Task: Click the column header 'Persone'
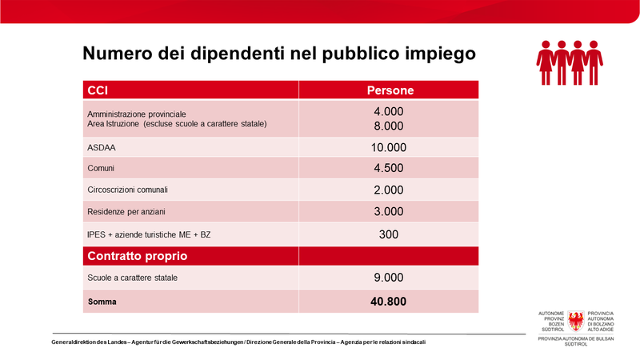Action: click(x=390, y=90)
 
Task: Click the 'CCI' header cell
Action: click(x=97, y=90)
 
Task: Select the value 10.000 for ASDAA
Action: click(x=389, y=147)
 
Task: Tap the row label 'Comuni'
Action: click(x=101, y=169)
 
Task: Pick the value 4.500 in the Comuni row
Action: click(x=389, y=168)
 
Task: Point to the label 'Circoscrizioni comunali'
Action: click(x=127, y=190)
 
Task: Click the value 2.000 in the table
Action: click(x=389, y=190)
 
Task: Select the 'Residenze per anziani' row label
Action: click(x=124, y=212)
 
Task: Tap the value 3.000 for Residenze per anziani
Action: click(x=389, y=212)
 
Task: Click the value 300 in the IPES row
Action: click(x=389, y=234)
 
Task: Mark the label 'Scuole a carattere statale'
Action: click(x=132, y=278)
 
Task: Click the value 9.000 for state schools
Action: click(x=389, y=278)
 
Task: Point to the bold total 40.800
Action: click(x=389, y=301)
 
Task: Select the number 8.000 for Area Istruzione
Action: click(x=389, y=126)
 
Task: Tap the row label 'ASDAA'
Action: click(x=99, y=147)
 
